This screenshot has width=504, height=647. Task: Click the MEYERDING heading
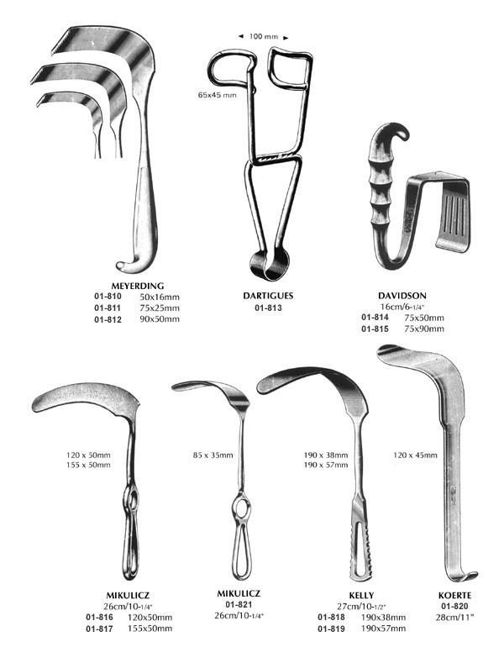click(x=138, y=286)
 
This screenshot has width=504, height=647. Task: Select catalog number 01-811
click(x=108, y=308)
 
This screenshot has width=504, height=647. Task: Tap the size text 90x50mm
click(x=160, y=319)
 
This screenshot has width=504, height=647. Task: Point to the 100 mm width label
click(x=263, y=37)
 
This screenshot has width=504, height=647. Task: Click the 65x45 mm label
click(x=218, y=95)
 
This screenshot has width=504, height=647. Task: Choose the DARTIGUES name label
click(x=268, y=296)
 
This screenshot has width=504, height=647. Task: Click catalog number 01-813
click(x=268, y=308)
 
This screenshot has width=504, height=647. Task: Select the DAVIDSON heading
click(x=402, y=296)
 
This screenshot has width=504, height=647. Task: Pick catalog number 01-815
click(x=375, y=329)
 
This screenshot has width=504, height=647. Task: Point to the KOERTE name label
click(x=454, y=596)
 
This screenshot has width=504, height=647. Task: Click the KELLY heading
click(x=361, y=596)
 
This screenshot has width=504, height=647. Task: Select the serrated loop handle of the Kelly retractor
click(x=361, y=544)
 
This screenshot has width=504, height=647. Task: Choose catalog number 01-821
click(x=239, y=604)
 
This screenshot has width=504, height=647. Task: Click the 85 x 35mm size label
click(x=213, y=455)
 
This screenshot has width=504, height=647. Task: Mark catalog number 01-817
click(x=99, y=629)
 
